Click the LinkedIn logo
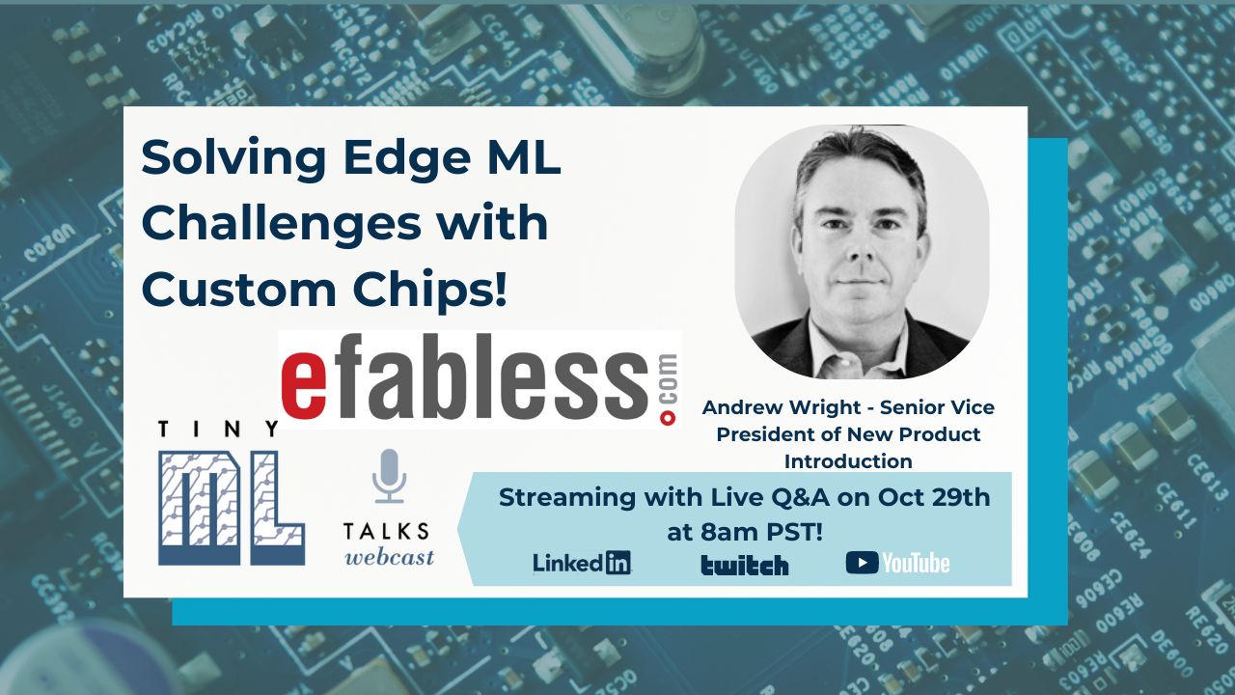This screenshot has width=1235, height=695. coord(582,563)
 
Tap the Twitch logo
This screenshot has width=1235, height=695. coord(744,565)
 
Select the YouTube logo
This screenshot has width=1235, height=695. coord(897,563)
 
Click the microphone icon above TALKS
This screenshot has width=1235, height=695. coord(390,476)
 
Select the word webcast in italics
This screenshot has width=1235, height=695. coord(390,557)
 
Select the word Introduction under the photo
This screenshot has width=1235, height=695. coord(848,460)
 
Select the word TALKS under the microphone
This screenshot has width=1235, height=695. coord(387,532)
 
